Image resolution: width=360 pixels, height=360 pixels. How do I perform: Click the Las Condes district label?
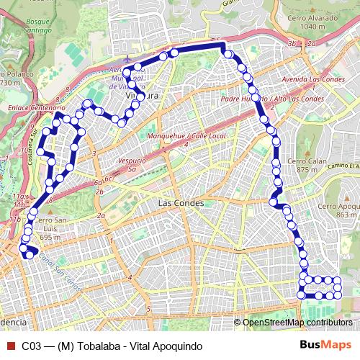point(180,203)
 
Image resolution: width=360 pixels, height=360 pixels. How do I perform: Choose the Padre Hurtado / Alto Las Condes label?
point(273,98)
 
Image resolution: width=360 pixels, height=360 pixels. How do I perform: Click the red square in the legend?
point(9,346)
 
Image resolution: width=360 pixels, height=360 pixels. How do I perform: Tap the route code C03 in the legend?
point(32,346)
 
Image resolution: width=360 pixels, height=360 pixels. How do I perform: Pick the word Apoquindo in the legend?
point(177,346)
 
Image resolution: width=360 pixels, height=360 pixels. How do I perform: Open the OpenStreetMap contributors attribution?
point(297,323)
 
